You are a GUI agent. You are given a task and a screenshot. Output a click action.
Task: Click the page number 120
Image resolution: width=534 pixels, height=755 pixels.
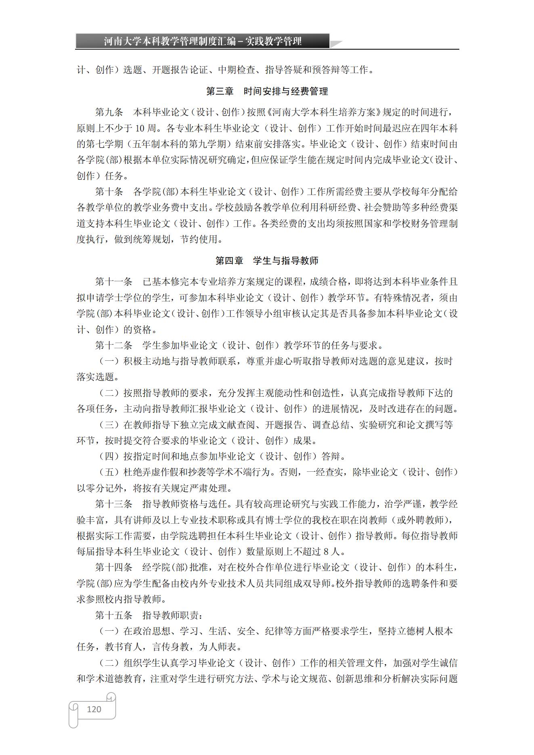tap(94, 709)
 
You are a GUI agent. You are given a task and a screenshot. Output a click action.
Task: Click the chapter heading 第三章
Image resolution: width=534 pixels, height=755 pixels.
tap(220, 91)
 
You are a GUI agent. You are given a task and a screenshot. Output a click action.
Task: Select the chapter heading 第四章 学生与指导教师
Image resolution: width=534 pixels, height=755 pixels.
tap(267, 261)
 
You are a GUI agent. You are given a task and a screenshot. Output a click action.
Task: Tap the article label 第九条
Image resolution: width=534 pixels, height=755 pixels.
tap(109, 113)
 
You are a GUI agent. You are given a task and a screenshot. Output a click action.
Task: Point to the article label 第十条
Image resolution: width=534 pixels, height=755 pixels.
tap(109, 192)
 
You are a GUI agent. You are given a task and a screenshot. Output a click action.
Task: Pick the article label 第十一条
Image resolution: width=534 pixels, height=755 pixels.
tap(113, 282)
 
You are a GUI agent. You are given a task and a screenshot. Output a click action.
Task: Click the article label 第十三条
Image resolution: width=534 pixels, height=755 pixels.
tap(113, 504)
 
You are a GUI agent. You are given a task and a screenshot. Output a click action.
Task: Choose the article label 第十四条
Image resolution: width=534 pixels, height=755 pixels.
tap(113, 567)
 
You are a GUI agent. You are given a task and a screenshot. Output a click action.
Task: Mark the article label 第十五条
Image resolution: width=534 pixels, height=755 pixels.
tap(113, 615)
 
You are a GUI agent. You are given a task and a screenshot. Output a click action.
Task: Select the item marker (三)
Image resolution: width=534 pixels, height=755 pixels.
tap(109, 425)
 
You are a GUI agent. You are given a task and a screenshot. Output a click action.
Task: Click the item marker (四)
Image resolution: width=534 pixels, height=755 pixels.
tap(109, 456)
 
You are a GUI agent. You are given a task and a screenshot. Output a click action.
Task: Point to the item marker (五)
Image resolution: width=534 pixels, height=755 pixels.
tap(109, 472)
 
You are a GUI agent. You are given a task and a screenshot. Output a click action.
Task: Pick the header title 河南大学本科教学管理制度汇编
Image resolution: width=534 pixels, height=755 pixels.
tap(170, 41)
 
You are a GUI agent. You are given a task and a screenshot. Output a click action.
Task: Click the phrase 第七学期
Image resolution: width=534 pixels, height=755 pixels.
tap(107, 144)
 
